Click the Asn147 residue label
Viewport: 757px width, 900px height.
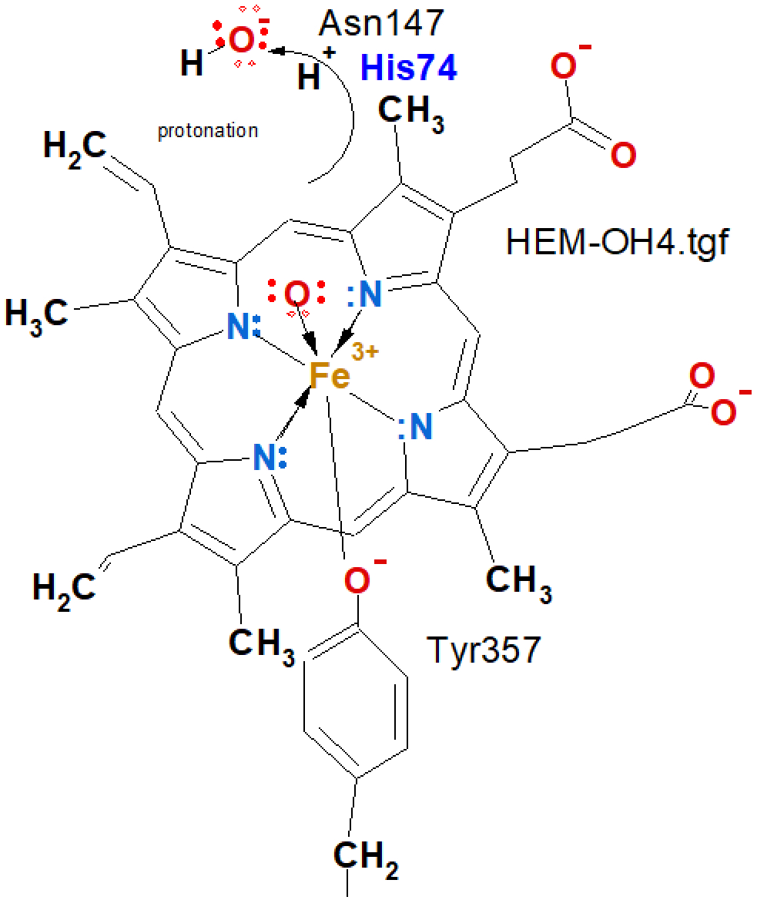tap(381, 25)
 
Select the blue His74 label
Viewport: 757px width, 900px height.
tap(408, 69)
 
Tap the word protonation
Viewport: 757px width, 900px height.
tap(208, 131)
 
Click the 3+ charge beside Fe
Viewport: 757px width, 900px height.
tap(365, 353)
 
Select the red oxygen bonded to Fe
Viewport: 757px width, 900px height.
tap(297, 295)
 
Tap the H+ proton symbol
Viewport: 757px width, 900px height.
tap(311, 75)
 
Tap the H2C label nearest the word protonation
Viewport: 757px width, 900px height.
tap(74, 146)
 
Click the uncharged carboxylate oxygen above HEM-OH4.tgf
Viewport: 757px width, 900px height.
tap(623, 155)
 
